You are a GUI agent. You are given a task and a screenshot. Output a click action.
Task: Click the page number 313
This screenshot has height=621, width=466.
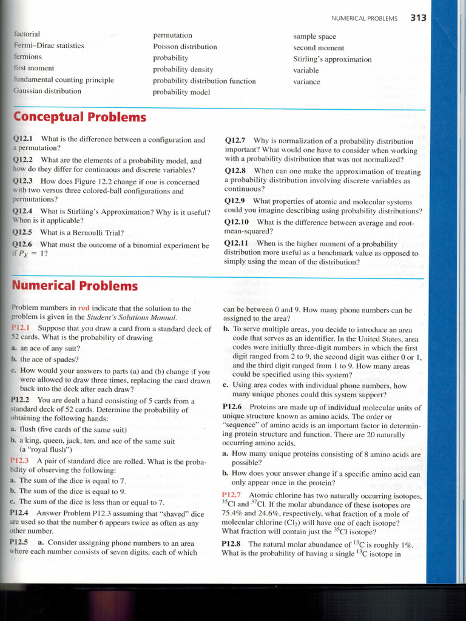[x=418, y=18]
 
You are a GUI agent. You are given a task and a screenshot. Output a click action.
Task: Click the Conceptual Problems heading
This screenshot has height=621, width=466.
[x=79, y=117]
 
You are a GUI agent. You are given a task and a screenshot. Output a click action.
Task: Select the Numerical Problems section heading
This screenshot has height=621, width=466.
[x=75, y=285]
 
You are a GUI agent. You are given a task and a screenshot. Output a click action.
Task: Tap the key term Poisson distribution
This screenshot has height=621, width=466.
[x=184, y=47]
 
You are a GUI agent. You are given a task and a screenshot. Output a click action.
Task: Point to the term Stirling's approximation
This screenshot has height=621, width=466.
[x=332, y=59]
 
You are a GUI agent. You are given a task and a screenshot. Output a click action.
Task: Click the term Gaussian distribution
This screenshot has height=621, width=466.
[x=47, y=91]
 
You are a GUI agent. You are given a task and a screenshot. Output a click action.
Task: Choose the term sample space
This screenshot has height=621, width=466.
[x=314, y=36]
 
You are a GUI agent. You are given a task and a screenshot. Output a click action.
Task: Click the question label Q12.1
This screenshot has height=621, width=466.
[x=23, y=139]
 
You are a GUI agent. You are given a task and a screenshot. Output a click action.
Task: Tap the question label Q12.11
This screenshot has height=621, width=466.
[x=237, y=243]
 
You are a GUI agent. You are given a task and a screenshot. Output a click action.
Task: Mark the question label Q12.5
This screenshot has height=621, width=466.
[x=23, y=232]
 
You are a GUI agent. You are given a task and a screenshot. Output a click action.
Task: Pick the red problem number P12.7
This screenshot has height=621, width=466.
[x=232, y=495]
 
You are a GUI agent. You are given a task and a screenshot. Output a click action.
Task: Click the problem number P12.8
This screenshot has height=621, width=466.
[x=232, y=544]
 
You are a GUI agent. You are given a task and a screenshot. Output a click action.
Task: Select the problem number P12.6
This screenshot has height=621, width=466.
[x=232, y=407]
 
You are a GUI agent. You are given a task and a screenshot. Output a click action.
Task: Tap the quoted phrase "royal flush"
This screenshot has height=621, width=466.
[x=47, y=449]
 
